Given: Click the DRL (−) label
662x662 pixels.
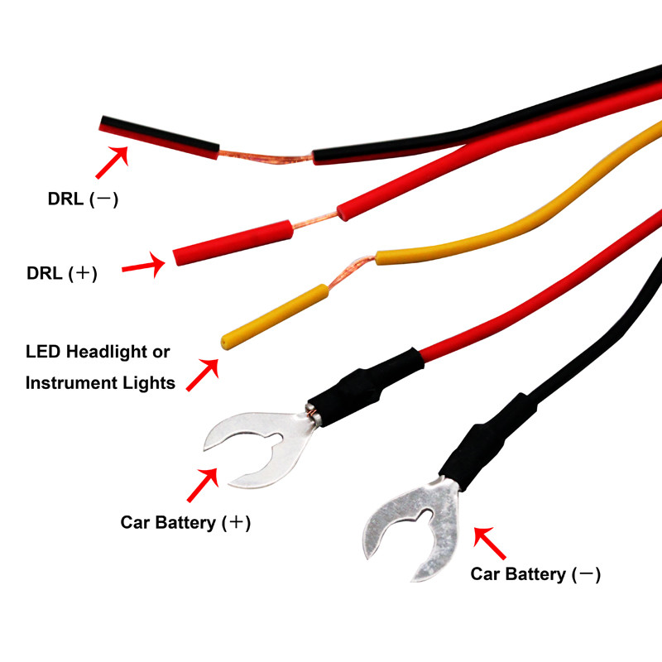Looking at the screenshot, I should pyautogui.click(x=83, y=199).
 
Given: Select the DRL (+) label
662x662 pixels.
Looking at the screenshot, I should pyautogui.click(x=62, y=273).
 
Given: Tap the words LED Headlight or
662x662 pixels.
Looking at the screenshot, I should pyautogui.click(x=98, y=352).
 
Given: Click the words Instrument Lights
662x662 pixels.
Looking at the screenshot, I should pyautogui.click(x=100, y=382).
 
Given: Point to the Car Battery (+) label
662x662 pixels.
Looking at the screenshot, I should pyautogui.click(x=185, y=523).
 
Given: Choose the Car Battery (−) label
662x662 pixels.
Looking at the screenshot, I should pyautogui.click(x=535, y=573).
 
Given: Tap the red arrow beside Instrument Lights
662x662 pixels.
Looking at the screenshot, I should pyautogui.click(x=203, y=374).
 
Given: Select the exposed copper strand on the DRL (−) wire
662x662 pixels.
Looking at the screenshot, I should pyautogui.click(x=265, y=157).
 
